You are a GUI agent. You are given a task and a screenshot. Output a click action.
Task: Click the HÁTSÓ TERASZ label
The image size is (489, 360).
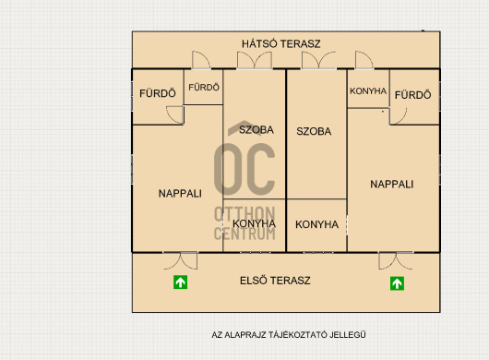(x=281, y=43)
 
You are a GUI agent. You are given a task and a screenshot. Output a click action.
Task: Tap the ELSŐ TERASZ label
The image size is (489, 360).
(x=275, y=281)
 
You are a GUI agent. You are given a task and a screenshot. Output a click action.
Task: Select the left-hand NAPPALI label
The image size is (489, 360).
(x=180, y=194)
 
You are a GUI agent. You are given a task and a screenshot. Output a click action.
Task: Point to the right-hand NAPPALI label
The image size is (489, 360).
(x=392, y=184)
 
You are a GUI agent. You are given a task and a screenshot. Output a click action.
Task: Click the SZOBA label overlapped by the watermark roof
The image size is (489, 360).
(x=256, y=129)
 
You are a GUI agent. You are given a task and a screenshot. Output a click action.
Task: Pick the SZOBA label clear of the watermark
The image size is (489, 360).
(x=314, y=131)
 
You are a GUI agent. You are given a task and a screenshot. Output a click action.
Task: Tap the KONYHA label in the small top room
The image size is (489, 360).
(x=368, y=90)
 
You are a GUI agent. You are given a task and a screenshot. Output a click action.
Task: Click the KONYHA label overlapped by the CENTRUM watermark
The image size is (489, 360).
(x=254, y=223)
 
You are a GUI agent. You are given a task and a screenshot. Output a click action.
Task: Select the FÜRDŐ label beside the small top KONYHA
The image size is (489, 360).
(x=413, y=95)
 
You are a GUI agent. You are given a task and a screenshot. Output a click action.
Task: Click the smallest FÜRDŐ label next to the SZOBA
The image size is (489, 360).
(x=204, y=87)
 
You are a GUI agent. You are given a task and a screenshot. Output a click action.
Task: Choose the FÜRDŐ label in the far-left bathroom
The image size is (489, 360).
(x=158, y=93)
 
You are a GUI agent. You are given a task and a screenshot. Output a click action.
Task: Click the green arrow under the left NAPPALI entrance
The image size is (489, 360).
(x=180, y=282)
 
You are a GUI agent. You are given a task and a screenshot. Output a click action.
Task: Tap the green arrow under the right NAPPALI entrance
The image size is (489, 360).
(x=397, y=283)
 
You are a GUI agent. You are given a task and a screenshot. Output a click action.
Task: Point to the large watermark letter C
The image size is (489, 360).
(x=260, y=169)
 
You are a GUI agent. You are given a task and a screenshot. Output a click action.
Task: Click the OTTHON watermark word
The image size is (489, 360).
(x=244, y=214)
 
